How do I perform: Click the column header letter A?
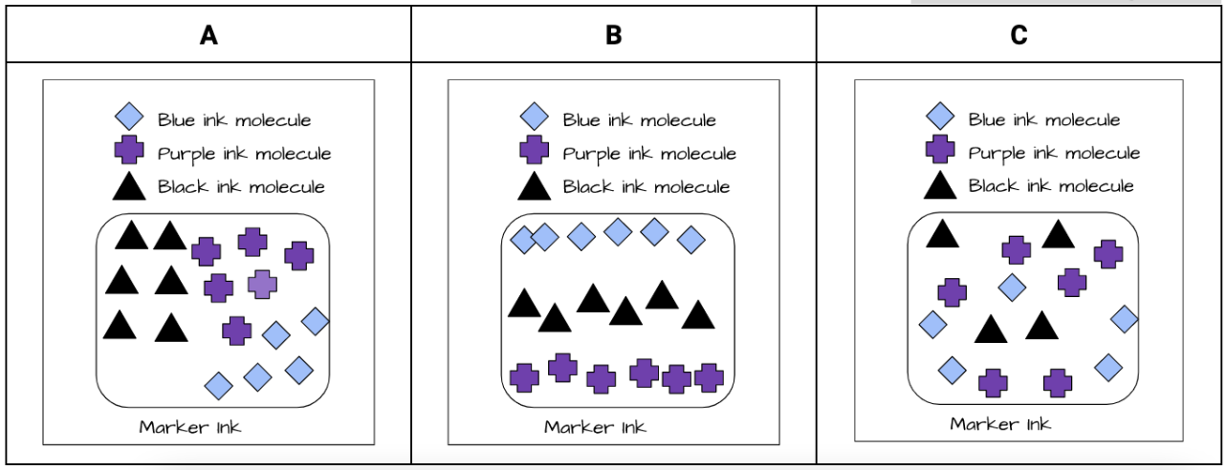click(208, 35)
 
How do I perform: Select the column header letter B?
click(613, 35)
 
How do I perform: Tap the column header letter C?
click(1019, 35)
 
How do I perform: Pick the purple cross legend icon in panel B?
click(535, 153)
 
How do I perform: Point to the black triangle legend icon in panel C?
click(940, 185)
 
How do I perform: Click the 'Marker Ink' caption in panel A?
click(190, 427)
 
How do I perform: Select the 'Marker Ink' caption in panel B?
click(595, 427)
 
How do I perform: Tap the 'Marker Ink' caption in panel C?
click(1000, 423)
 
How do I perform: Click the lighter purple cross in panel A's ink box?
click(263, 284)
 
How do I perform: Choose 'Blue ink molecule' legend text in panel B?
click(639, 120)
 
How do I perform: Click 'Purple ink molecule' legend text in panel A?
click(244, 154)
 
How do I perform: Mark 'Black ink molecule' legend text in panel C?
click(1051, 186)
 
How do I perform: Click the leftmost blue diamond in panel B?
click(523, 239)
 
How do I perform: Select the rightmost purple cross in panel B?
click(709, 377)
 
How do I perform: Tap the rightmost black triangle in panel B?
click(698, 315)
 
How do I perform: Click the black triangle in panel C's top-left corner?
click(942, 234)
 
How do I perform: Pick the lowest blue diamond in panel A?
click(219, 386)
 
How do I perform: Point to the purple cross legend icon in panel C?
click(940, 151)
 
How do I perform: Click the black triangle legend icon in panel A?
click(130, 187)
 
